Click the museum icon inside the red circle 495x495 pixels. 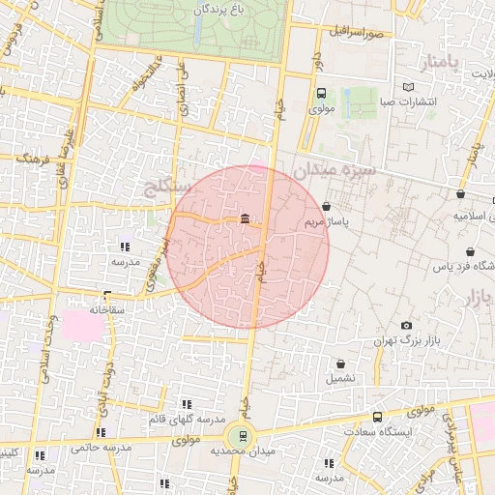pyautogui.click(x=245, y=218)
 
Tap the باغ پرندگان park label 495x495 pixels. pyautogui.click(x=216, y=9)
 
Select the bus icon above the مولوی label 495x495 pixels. pyautogui.click(x=320, y=94)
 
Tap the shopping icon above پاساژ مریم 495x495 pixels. pyautogui.click(x=326, y=206)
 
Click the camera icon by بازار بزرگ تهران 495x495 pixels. pyautogui.click(x=405, y=325)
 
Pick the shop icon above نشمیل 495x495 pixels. pyautogui.click(x=339, y=364)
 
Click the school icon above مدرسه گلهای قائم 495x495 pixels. pyautogui.click(x=186, y=404)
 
